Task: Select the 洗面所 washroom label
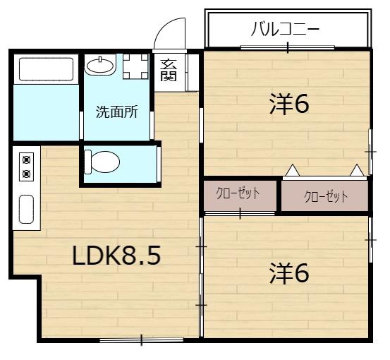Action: [x=116, y=112]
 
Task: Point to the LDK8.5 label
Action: [x=116, y=256]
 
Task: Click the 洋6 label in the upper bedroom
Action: [x=289, y=104]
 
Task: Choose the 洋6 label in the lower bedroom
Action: [x=289, y=273]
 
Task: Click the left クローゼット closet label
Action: [x=238, y=194]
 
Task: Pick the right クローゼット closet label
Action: [x=325, y=196]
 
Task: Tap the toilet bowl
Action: [x=102, y=162]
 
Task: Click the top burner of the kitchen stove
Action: [x=27, y=159]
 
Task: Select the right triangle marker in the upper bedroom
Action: [x=358, y=170]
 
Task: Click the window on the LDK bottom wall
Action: [x=141, y=341]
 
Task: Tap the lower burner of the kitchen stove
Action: [x=27, y=173]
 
